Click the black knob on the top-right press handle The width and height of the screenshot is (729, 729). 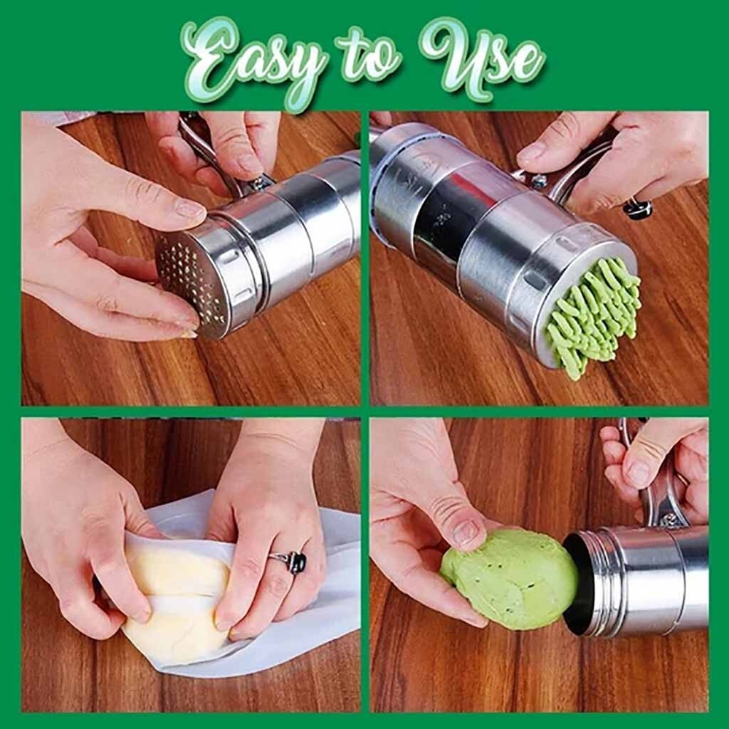coord(637,208)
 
